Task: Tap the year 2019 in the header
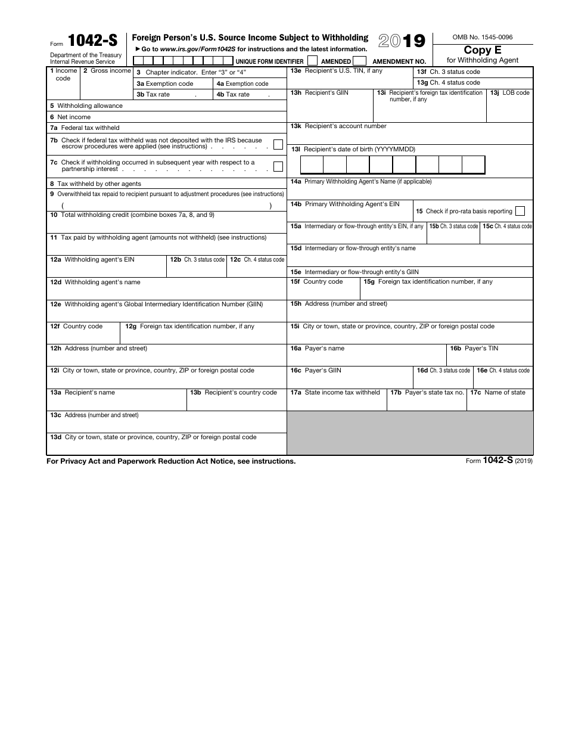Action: click(402, 41)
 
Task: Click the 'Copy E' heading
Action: click(483, 50)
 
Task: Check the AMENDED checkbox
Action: click(359, 61)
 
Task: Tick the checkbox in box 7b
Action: click(278, 144)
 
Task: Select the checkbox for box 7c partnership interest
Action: click(278, 166)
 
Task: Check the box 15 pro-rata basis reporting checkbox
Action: click(520, 211)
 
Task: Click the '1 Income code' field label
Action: click(63, 74)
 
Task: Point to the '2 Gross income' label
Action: click(107, 71)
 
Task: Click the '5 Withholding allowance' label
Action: click(86, 106)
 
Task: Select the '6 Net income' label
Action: click(70, 117)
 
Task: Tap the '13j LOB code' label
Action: click(509, 93)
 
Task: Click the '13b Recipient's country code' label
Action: click(234, 393)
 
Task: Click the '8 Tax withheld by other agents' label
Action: click(95, 184)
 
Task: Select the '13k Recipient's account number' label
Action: click(338, 126)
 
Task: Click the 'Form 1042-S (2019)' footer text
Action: click(499, 461)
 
